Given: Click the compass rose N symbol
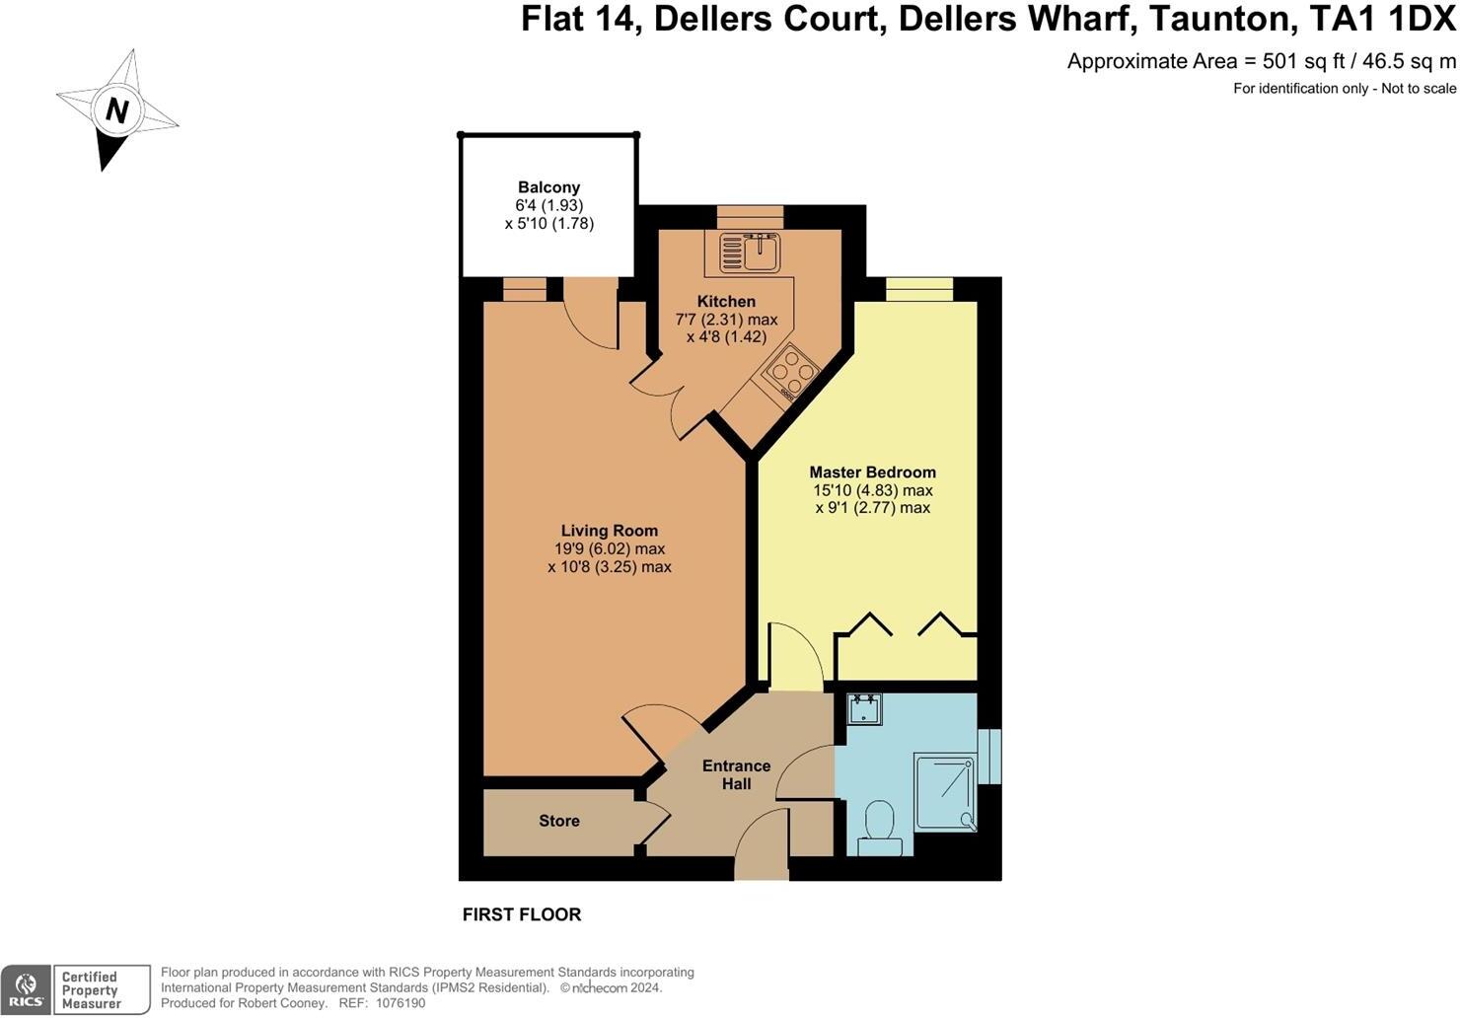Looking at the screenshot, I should (x=116, y=110).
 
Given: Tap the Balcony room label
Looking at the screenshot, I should (x=548, y=187).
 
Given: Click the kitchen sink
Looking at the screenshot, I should (x=750, y=254).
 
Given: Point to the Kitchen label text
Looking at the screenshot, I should (x=726, y=302).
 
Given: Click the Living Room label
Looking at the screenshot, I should (x=609, y=531).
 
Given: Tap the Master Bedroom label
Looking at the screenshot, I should (x=872, y=473).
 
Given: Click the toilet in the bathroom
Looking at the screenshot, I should (x=878, y=827).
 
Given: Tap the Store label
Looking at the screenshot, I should (x=558, y=821).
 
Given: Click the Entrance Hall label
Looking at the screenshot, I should (x=736, y=774).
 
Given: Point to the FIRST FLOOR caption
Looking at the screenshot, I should (x=522, y=914).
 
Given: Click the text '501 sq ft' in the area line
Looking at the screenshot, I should (x=1304, y=61).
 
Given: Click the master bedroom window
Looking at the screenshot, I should (x=919, y=288).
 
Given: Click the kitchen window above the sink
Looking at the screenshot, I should (x=750, y=217).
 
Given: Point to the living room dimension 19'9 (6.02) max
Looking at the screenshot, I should (x=609, y=548).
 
